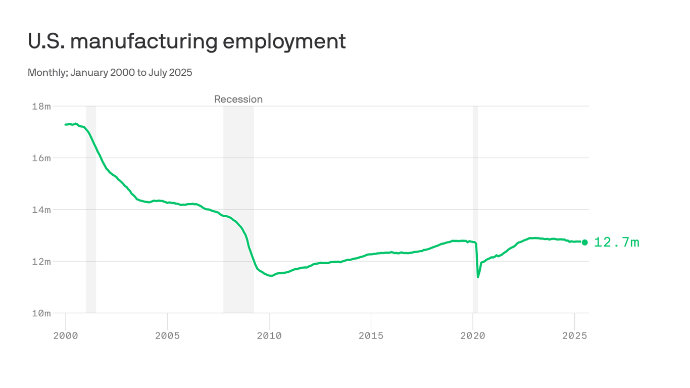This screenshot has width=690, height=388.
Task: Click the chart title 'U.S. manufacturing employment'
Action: click(x=186, y=41)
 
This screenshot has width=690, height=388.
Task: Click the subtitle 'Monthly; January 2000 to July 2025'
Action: click(x=110, y=73)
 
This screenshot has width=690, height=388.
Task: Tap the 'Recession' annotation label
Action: click(x=238, y=100)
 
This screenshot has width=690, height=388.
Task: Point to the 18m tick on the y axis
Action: click(x=41, y=107)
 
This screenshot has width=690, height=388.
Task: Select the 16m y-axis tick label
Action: click(x=41, y=158)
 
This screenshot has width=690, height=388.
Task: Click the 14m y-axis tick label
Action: click(x=41, y=210)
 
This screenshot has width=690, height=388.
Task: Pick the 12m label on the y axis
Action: click(x=41, y=262)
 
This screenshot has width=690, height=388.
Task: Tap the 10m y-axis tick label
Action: click(x=41, y=313)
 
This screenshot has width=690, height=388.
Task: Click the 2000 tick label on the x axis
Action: click(x=66, y=335)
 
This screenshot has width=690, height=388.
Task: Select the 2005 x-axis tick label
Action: click(x=167, y=335)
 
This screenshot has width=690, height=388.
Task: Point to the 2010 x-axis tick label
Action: click(x=269, y=335)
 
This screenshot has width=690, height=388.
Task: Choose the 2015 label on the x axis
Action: click(x=371, y=335)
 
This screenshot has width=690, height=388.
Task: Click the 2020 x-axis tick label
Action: click(x=473, y=335)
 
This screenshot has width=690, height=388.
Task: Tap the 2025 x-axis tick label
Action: click(x=574, y=335)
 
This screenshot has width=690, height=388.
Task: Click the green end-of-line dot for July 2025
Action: click(x=585, y=243)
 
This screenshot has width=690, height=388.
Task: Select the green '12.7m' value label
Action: click(x=616, y=243)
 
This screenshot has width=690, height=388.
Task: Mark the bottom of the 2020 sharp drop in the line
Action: click(x=478, y=277)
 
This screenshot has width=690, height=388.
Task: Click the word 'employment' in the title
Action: click(x=284, y=41)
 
